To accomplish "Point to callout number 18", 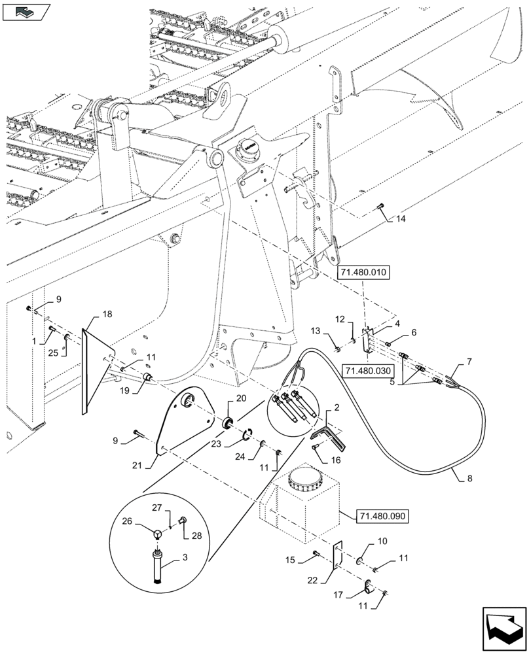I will click(x=107, y=315).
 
